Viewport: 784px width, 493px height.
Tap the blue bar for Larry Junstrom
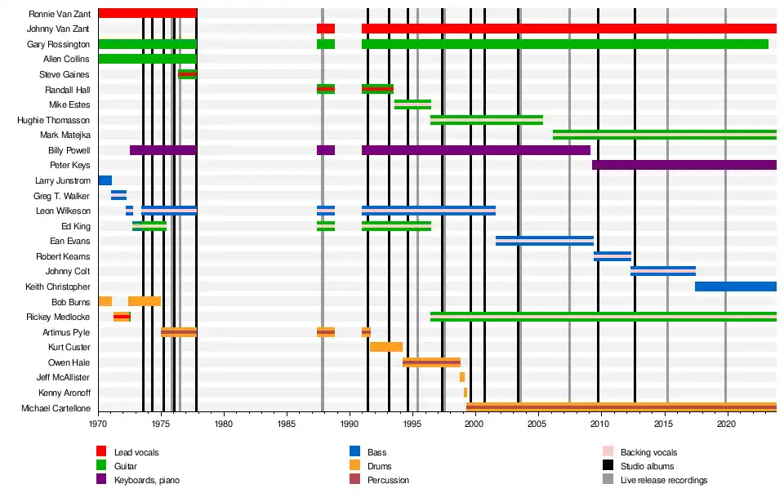click(105, 180)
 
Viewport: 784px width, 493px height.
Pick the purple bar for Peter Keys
click(684, 165)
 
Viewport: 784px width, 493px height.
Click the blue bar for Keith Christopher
click(735, 286)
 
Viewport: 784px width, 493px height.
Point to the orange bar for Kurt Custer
click(385, 347)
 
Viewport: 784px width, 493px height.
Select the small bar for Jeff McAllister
click(462, 377)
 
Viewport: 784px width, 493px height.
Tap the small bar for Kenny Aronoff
click(465, 393)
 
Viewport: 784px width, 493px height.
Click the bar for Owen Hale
click(431, 362)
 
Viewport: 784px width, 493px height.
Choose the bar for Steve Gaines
click(187, 74)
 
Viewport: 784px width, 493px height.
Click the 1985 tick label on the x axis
click(286, 424)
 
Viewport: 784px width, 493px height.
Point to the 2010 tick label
click(600, 424)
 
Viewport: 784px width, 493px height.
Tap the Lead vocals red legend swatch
click(102, 451)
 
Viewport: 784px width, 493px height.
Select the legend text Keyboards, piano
click(147, 480)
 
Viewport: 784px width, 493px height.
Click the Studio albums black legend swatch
click(608, 466)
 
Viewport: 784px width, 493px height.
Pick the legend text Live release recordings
click(664, 480)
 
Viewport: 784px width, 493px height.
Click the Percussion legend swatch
click(355, 480)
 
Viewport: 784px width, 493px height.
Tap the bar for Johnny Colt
click(662, 271)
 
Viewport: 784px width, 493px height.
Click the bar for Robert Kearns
click(612, 256)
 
